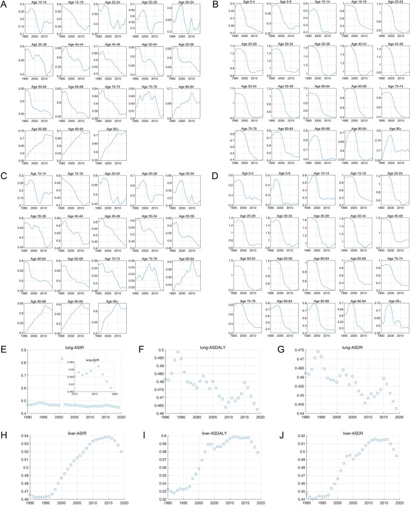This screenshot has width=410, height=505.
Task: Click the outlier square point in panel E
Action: coord(62,359)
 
